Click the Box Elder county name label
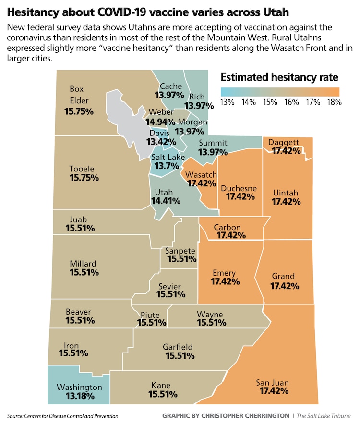(x=77, y=95)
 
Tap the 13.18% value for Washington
(x=79, y=396)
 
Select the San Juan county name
(x=272, y=382)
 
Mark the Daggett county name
(x=284, y=143)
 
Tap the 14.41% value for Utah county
(x=166, y=200)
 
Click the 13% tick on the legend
(x=227, y=102)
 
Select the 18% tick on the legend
(x=334, y=102)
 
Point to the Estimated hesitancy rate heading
(x=279, y=77)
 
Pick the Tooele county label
(x=82, y=169)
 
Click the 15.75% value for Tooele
(x=84, y=178)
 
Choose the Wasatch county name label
(x=201, y=175)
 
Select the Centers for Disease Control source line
(x=63, y=415)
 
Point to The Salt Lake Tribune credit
(x=324, y=415)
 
